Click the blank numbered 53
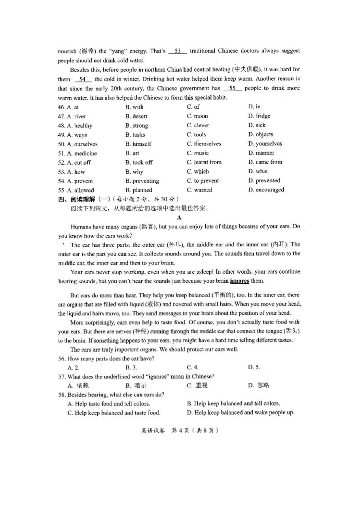point(177,51)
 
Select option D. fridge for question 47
point(260,116)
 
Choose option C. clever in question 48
point(198,125)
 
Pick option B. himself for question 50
point(138,144)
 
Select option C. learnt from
point(204,162)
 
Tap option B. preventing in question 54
point(142,181)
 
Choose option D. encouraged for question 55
point(266,190)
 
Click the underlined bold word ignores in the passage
point(239,281)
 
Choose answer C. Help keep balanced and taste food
point(114,413)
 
